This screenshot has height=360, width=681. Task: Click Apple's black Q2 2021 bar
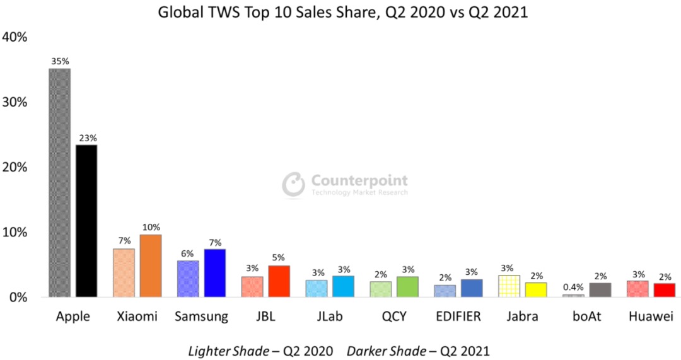[x=86, y=221]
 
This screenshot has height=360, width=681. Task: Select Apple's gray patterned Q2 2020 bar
[x=60, y=183]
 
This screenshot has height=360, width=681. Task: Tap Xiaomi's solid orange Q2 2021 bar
[x=151, y=265]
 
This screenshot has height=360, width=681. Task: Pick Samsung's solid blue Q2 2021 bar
[x=215, y=273]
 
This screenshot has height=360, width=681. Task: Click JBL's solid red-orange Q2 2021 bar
[x=279, y=281]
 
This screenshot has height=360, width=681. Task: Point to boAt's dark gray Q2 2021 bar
[x=600, y=290]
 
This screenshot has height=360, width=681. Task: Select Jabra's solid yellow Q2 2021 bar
[x=536, y=290]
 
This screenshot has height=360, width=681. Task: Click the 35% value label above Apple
[x=60, y=62]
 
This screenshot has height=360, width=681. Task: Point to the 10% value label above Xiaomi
[x=151, y=227]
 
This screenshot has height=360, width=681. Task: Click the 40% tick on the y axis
[x=15, y=37]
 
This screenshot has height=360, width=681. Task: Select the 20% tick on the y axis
[x=15, y=167]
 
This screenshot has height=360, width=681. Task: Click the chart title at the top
[x=340, y=13]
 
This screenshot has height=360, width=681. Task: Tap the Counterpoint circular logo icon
[x=293, y=184]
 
